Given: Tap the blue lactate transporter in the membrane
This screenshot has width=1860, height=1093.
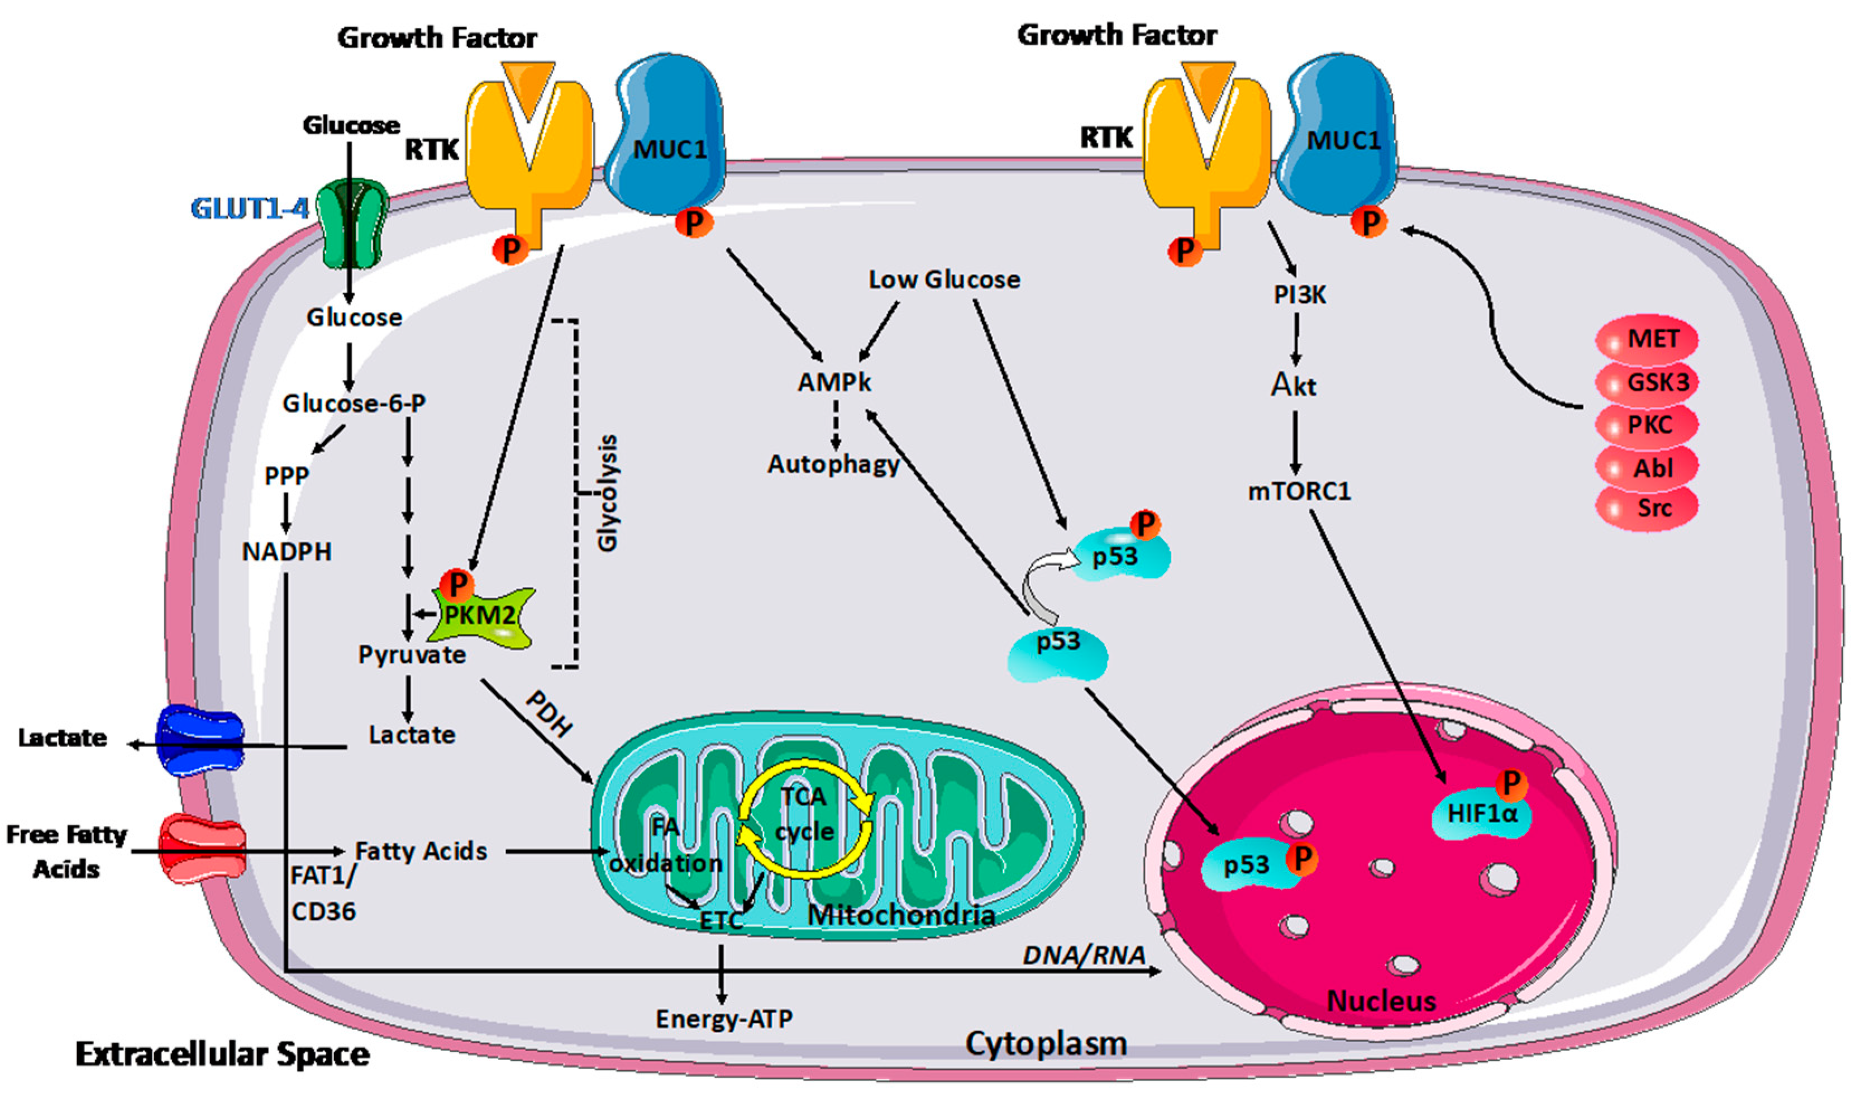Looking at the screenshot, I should tap(200, 741).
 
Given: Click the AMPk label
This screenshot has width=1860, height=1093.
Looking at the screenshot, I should tap(834, 383).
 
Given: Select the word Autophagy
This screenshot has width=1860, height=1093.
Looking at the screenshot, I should tap(833, 464).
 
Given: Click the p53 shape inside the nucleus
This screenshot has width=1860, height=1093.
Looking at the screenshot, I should tap(1247, 864).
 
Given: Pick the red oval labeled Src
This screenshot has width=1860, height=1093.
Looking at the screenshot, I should tap(1647, 508).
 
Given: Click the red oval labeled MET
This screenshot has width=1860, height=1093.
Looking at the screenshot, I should tap(1647, 340).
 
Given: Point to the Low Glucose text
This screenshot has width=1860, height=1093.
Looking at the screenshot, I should tap(944, 280).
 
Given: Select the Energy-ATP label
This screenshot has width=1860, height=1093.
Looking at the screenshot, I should tap(723, 1019).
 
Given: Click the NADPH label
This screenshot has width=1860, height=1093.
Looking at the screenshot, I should tap(287, 552).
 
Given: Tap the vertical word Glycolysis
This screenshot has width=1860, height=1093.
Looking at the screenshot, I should tap(607, 493).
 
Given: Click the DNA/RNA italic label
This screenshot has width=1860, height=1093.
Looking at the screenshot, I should tap(1084, 956).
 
